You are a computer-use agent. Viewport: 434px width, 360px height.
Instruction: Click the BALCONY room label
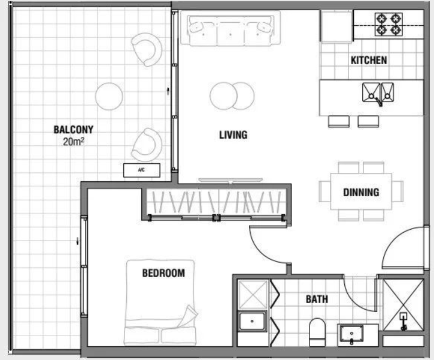(74, 129)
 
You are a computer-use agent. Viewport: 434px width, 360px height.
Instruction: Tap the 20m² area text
(74, 142)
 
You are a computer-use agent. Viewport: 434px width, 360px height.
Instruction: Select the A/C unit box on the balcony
(141, 170)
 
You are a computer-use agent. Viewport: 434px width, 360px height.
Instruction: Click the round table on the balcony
(109, 96)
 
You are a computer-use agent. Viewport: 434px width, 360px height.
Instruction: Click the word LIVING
(233, 135)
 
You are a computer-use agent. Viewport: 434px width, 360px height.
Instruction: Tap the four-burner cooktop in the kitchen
(389, 25)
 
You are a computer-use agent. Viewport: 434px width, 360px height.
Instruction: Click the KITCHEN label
(369, 60)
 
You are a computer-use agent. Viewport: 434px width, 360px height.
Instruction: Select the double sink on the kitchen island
(378, 93)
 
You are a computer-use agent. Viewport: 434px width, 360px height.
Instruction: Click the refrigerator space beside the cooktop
(336, 26)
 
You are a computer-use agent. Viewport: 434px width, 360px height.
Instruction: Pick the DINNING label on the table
(361, 193)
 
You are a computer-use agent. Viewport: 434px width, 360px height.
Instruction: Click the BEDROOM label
(163, 273)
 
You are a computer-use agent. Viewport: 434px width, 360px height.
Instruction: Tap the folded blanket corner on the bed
(188, 315)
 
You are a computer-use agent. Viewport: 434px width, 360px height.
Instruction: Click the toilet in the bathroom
(317, 332)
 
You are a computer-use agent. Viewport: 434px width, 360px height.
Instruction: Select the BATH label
(317, 299)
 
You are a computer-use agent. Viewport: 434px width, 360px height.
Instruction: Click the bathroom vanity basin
(351, 334)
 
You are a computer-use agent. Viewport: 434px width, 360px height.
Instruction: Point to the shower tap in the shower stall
(403, 321)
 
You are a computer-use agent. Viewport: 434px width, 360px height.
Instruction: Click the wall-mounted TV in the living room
(230, 181)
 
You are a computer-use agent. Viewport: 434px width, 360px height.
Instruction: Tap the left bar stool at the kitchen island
(339, 121)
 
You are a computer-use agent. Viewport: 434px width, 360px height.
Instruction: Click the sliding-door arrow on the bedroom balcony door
(78, 241)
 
